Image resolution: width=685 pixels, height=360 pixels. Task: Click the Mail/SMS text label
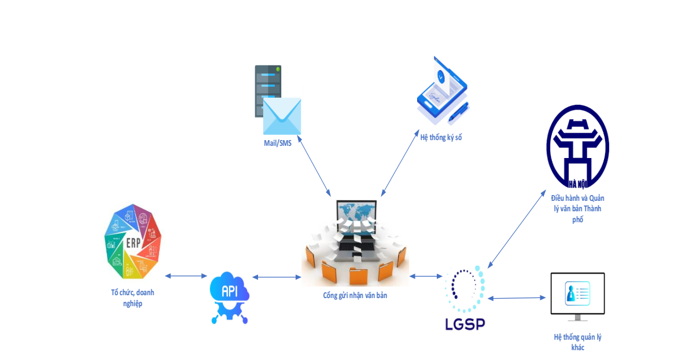tap(278, 144)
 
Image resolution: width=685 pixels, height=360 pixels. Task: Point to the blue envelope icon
tap(282, 116)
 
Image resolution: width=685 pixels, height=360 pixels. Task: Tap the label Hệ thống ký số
tap(441, 137)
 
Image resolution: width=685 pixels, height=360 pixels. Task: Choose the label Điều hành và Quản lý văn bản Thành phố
tap(577, 209)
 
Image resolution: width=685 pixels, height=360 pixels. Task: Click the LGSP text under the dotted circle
tap(465, 324)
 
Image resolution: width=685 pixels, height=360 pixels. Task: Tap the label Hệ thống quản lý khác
tap(577, 342)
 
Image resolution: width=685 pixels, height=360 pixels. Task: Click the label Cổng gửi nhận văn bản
tap(355, 295)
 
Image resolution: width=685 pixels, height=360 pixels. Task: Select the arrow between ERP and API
tap(186, 277)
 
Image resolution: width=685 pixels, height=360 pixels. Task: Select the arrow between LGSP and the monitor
tap(517, 298)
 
